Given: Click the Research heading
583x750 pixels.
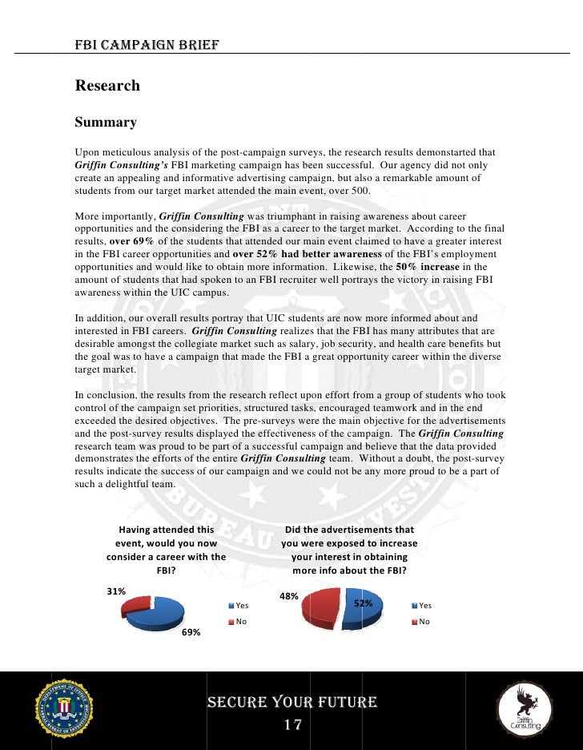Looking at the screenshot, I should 107,86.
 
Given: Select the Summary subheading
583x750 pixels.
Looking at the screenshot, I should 106,123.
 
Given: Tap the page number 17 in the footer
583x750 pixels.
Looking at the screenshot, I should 291,726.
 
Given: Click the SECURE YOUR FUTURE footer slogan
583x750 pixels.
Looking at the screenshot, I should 291,703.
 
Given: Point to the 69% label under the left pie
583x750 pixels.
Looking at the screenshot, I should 191,632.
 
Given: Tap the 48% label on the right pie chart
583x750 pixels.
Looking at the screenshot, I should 288,596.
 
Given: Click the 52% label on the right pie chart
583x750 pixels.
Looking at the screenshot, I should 364,603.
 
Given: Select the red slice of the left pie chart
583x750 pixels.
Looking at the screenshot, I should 137,606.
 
